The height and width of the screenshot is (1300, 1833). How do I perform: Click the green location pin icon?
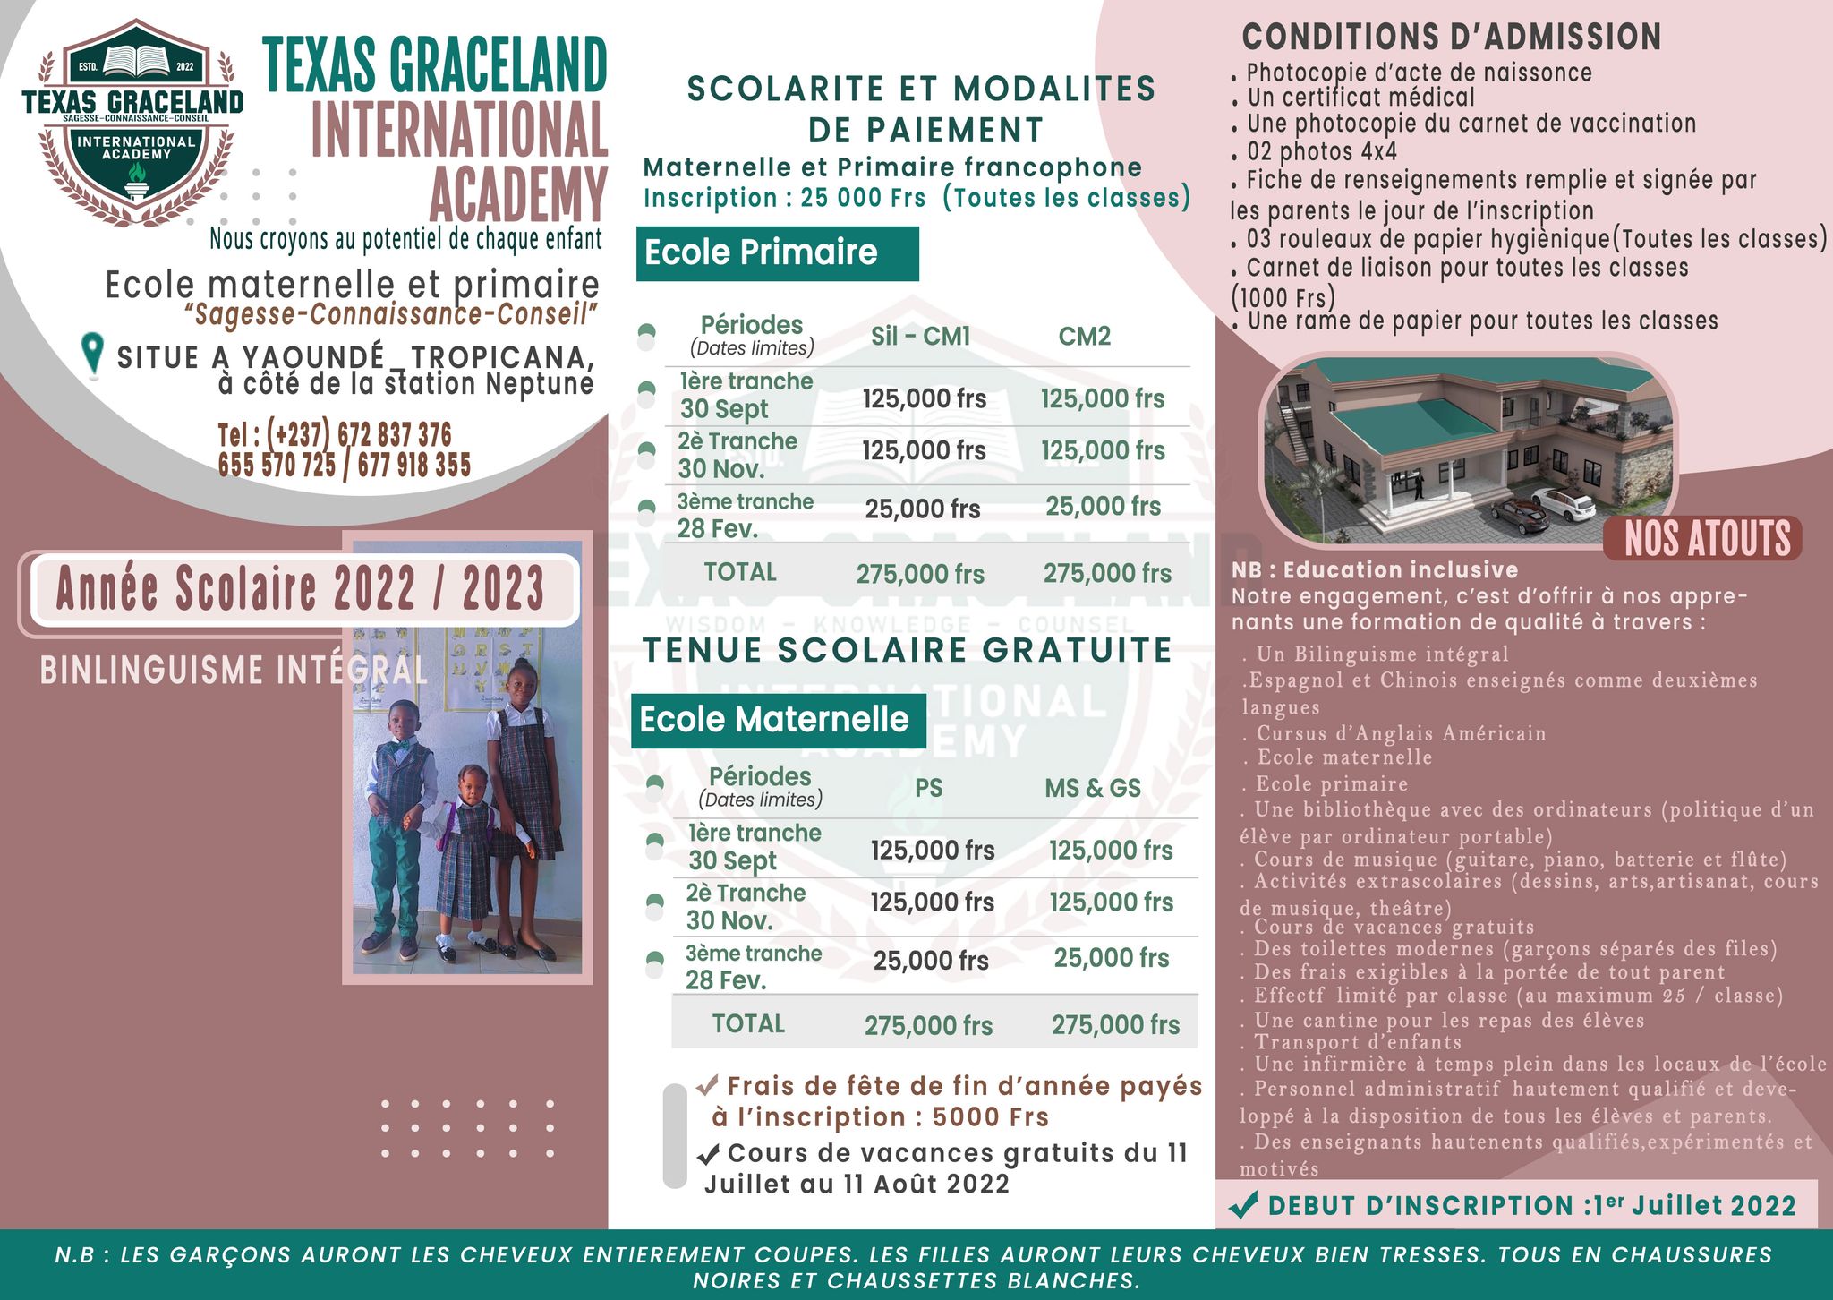coord(92,355)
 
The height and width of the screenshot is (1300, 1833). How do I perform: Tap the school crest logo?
coord(134,121)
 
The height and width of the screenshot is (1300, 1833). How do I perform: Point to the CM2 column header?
coord(1084,337)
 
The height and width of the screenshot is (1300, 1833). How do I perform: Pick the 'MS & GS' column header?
coord(1093,789)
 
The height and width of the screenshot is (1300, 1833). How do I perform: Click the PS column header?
coord(928,789)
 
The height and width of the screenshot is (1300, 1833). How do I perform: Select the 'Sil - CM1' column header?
coord(920,337)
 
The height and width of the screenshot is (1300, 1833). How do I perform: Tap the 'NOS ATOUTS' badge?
coord(1707,539)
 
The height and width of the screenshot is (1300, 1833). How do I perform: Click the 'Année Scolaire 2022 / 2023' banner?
coord(302,589)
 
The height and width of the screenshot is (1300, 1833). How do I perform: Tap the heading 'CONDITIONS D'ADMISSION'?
coord(1451,38)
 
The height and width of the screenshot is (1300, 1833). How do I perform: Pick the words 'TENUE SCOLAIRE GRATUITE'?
coord(907,651)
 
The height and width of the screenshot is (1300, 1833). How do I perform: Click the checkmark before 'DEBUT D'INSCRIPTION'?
coord(1243,1205)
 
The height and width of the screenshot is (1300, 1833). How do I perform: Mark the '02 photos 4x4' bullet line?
coord(1321,152)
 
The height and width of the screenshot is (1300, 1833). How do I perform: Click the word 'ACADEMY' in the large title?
coord(518,194)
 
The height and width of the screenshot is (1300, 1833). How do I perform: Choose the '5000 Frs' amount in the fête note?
coord(990,1117)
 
